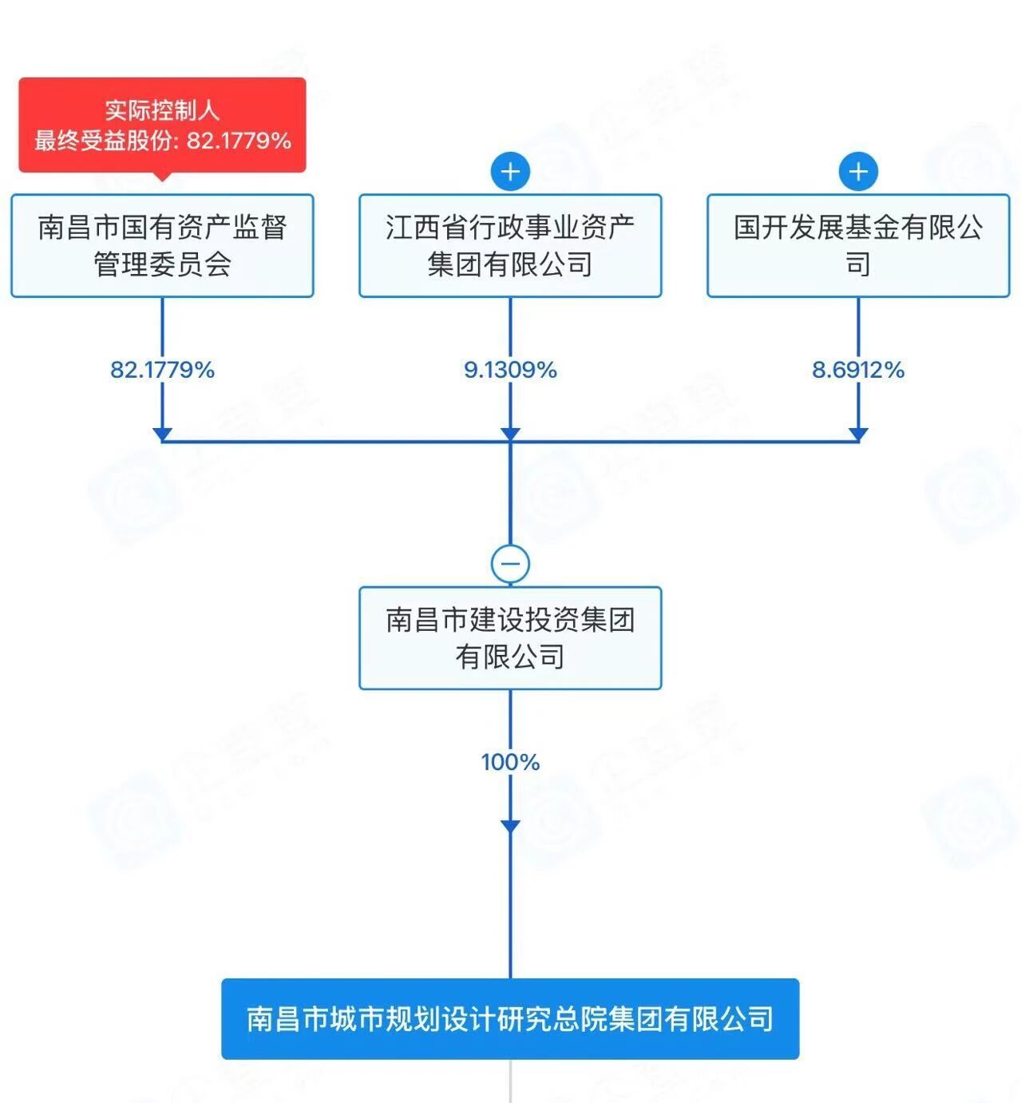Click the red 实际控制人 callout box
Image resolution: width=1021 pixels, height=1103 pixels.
(162, 125)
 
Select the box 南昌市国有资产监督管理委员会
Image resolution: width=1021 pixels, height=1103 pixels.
(162, 246)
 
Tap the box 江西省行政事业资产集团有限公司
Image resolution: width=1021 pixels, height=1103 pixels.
(510, 246)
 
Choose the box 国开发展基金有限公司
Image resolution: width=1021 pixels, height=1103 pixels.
(858, 246)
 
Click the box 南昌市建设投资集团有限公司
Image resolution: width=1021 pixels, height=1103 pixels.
(510, 638)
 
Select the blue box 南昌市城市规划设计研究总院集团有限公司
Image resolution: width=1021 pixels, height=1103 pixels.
(510, 1019)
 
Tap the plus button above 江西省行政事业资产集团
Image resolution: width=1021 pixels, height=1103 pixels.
(510, 172)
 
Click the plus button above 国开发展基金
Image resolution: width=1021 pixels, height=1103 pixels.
(858, 172)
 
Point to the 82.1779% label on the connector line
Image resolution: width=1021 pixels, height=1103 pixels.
(162, 370)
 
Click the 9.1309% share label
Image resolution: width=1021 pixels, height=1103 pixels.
(510, 370)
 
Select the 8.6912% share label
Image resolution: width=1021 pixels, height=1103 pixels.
(858, 370)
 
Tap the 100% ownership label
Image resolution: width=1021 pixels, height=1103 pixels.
(510, 762)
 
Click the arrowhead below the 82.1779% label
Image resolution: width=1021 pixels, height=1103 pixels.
(162, 434)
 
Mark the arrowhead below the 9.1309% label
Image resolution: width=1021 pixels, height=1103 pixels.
(510, 434)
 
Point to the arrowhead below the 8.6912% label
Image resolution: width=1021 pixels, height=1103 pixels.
(858, 434)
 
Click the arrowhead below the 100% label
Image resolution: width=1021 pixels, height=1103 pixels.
(510, 826)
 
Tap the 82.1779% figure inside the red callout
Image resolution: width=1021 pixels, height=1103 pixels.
(239, 141)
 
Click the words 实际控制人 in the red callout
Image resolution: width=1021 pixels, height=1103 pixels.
(162, 110)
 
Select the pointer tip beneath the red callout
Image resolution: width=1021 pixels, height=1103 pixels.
(162, 177)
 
